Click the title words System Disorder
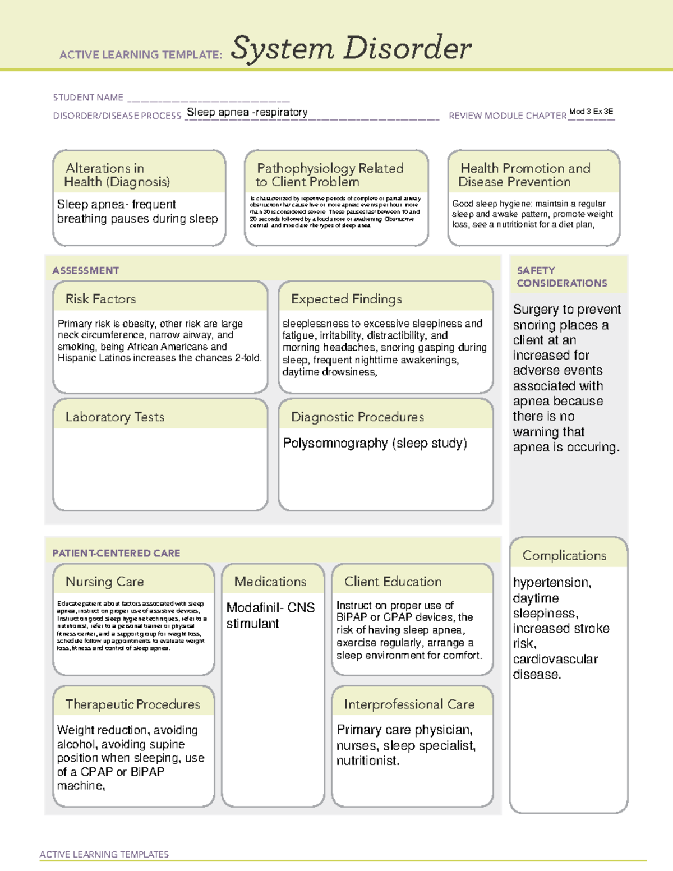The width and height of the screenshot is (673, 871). pos(351,48)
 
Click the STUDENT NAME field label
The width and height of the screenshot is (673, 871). pos(88,98)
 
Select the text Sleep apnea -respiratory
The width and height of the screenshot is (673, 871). pos(247,112)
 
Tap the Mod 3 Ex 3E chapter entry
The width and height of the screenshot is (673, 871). pos(591,112)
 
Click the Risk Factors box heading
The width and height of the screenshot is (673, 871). pos(101,299)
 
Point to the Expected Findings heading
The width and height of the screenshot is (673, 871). pos(346,299)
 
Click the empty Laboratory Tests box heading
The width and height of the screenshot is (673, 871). pos(115,417)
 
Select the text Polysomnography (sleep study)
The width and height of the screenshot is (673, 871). pos(375,443)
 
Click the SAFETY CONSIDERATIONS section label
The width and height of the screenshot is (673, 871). pos(561,276)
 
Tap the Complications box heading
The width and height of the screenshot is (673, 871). pos(564,555)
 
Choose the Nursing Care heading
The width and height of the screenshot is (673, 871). pos(105,582)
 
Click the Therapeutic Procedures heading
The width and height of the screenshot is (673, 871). pos(132,704)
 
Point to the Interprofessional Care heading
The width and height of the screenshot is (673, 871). pos(409,704)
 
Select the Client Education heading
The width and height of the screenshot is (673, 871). pos(393,582)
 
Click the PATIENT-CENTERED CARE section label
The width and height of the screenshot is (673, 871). pos(116,553)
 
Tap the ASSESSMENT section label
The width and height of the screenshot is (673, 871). pos(86,270)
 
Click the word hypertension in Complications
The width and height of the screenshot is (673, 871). pos(551,583)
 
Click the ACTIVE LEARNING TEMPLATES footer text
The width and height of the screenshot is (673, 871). pos(104,854)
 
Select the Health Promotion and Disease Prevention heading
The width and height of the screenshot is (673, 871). pos(524,175)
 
